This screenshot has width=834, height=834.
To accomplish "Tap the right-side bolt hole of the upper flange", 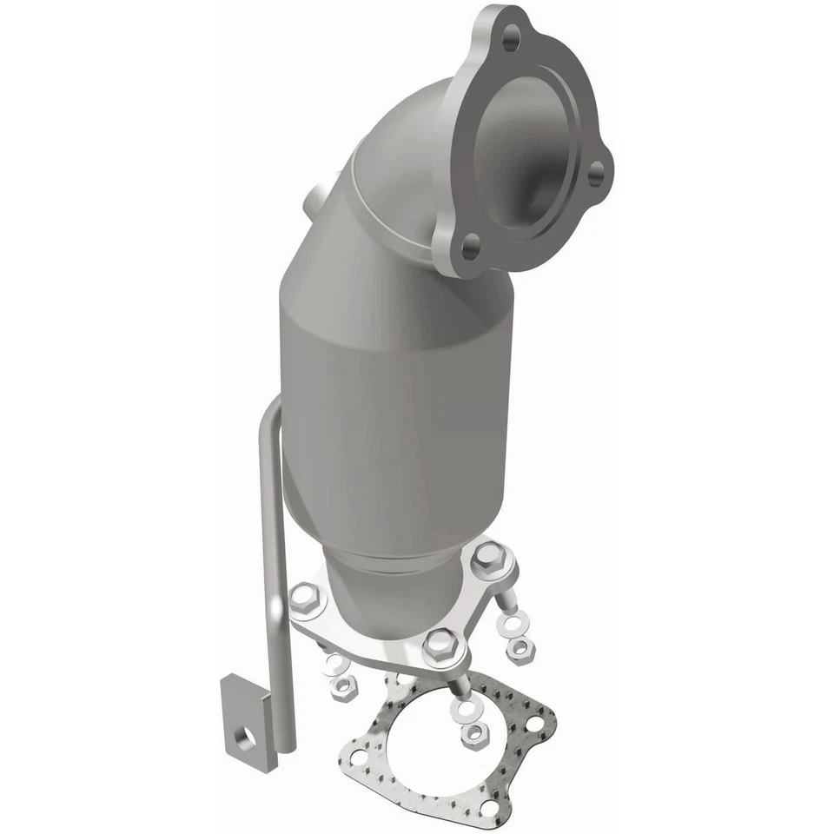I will (x=596, y=175).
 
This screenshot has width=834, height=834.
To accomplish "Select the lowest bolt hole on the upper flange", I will (x=470, y=248).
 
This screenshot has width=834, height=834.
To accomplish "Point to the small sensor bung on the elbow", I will (x=318, y=196).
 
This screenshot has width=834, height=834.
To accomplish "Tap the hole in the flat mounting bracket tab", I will (x=248, y=738).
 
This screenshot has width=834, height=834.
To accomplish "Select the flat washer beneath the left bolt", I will (x=334, y=665).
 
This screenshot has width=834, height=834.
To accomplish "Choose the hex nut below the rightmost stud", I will (x=520, y=647).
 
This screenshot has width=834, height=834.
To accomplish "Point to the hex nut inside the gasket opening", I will (x=472, y=732).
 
